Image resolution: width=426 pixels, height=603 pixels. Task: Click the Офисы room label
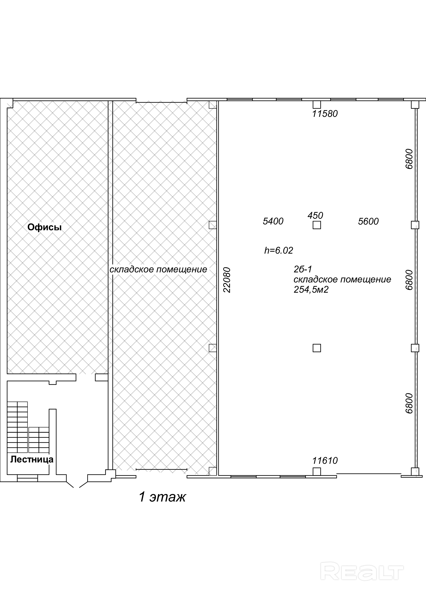pyautogui.click(x=44, y=227)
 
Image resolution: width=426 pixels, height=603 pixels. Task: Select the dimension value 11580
pyautogui.click(x=325, y=114)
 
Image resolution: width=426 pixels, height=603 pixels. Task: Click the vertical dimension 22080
pyautogui.click(x=227, y=280)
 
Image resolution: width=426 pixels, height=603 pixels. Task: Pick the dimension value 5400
pyautogui.click(x=273, y=221)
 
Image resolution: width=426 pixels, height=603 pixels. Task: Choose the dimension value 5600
pyautogui.click(x=368, y=221)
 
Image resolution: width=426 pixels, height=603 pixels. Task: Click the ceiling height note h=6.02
pyautogui.click(x=279, y=250)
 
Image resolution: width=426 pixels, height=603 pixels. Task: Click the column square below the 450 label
pyautogui.click(x=317, y=225)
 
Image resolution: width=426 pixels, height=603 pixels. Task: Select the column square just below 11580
pyautogui.click(x=317, y=105)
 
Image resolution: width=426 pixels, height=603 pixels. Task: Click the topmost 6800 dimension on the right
pyautogui.click(x=409, y=159)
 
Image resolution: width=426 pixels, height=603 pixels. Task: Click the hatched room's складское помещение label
pyautogui.click(x=158, y=270)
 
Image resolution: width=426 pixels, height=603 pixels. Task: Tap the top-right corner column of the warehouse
pyautogui.click(x=415, y=105)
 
